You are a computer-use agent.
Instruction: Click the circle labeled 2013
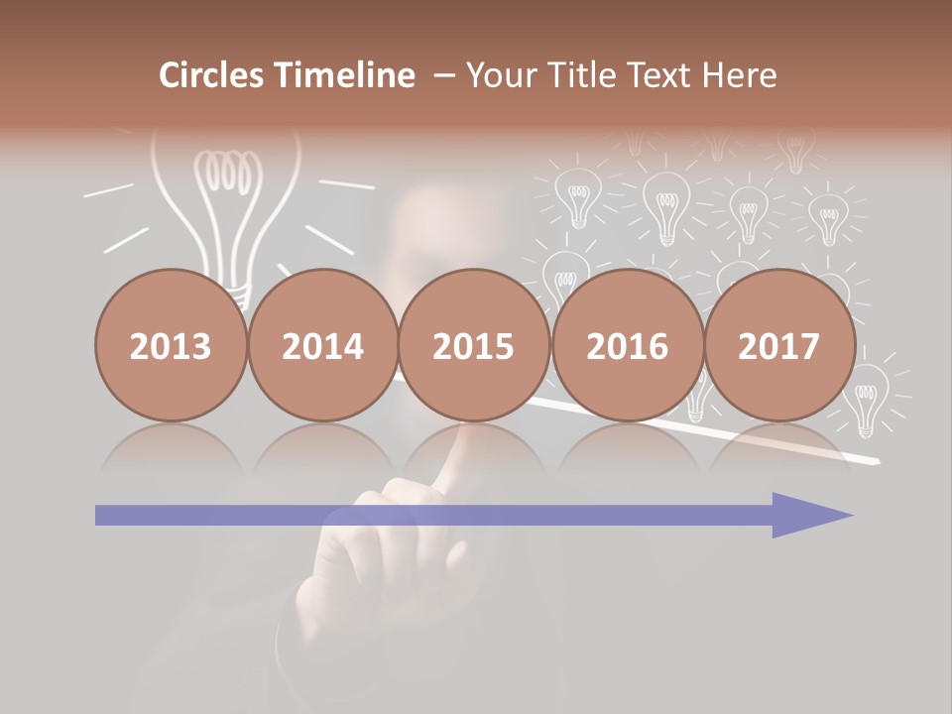point(171,345)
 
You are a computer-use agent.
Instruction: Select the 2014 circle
point(323,345)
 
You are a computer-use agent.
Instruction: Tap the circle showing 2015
point(474,345)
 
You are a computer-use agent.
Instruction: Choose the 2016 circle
point(627,345)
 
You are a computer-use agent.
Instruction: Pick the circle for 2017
point(779,345)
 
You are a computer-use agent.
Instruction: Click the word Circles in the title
point(210,75)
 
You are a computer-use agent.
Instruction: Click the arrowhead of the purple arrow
point(813,515)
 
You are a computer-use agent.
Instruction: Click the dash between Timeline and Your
point(442,75)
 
